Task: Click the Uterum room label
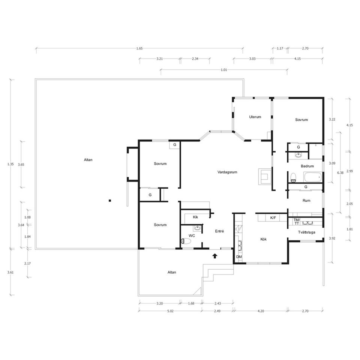coord(255,117)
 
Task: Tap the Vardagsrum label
coord(227,172)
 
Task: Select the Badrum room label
coord(307,166)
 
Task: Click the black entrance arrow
coord(215,256)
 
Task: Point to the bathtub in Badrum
coord(313,177)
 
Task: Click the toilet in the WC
coord(186,241)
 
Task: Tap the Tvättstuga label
coord(306,232)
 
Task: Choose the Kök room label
coord(264,239)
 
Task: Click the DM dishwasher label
coord(239,256)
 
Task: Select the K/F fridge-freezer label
coord(273,217)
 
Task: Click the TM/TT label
coord(297,222)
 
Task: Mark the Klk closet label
coord(195,217)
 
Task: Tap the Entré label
coord(219,231)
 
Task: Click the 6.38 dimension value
coord(340,172)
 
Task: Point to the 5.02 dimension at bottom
coord(170,311)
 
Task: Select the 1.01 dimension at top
coord(223,70)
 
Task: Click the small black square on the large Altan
coord(110,201)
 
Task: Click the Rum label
coord(306,201)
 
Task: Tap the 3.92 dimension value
coord(332,238)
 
